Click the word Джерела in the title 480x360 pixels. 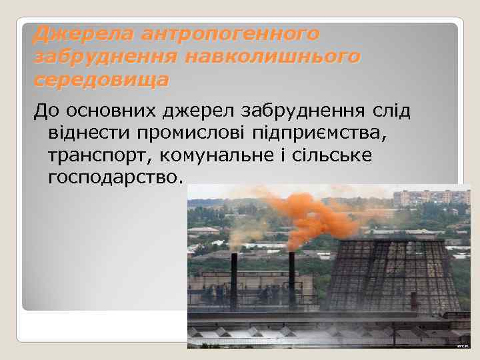tap(70, 33)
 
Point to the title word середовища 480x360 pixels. tap(101, 81)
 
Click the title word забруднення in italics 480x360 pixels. tap(105, 57)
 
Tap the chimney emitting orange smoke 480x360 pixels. tap(292, 280)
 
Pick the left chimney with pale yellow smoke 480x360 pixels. tap(234, 280)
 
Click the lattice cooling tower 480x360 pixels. tap(387, 273)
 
